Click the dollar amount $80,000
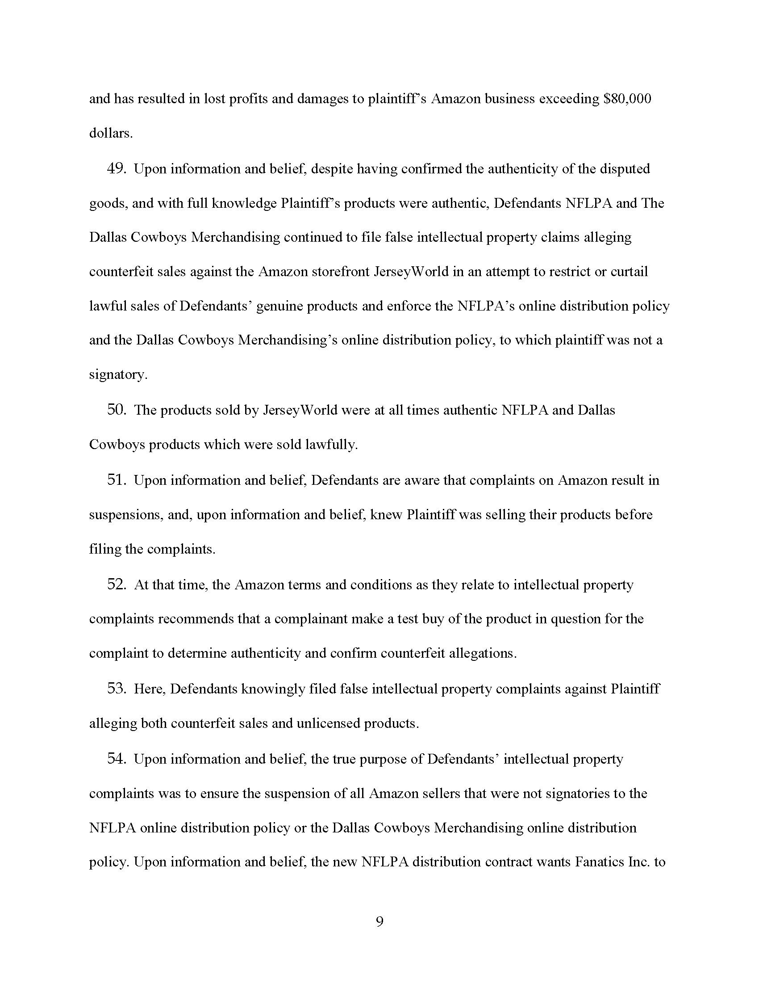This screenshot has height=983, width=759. (x=627, y=99)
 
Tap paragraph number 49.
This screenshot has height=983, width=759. (x=116, y=169)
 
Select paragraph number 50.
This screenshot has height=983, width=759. (x=116, y=410)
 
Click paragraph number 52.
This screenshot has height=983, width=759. (x=116, y=585)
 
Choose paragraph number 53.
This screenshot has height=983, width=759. (x=116, y=689)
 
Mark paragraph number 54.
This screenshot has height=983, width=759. (x=116, y=759)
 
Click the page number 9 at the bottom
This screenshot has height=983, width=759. (x=379, y=922)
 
